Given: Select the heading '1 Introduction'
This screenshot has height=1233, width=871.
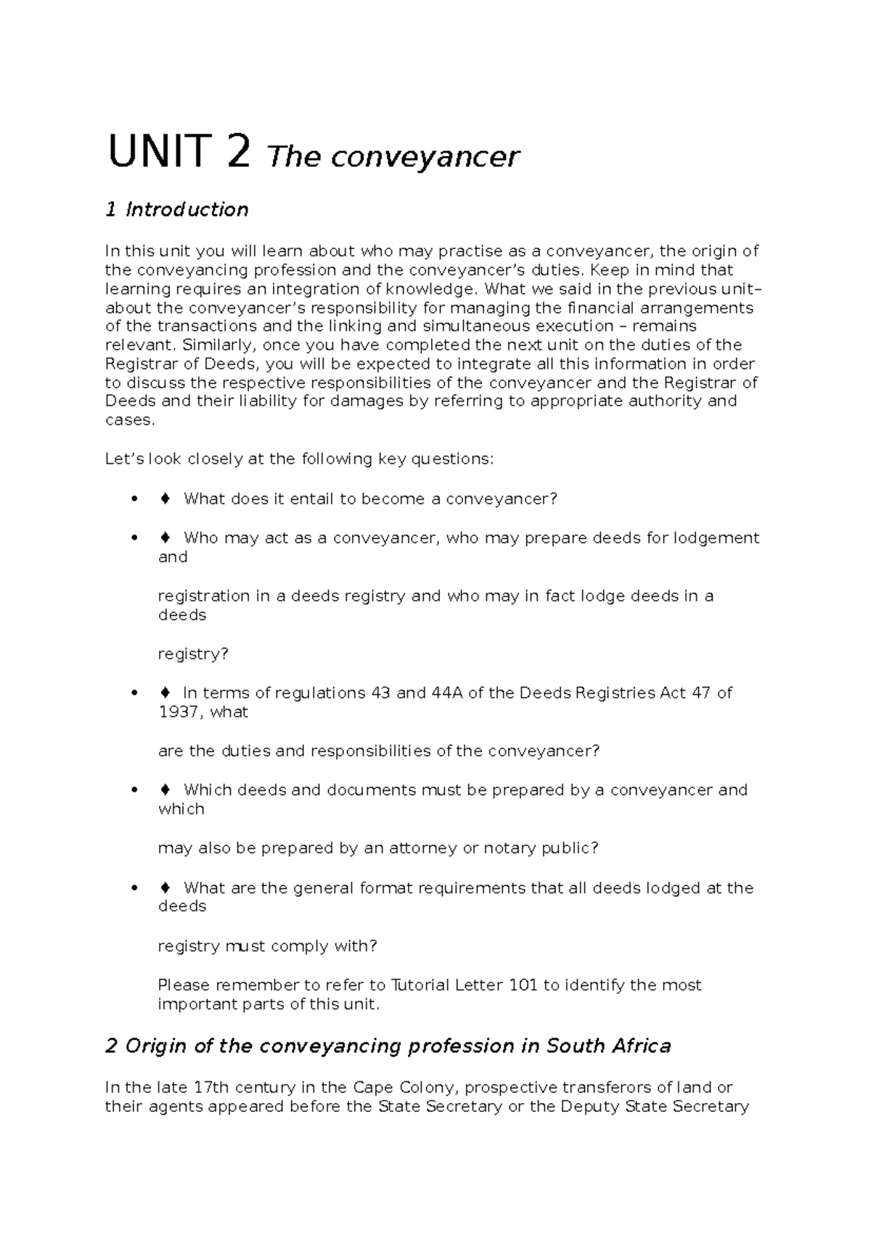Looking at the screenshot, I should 177,210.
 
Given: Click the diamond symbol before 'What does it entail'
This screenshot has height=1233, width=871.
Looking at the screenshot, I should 165,499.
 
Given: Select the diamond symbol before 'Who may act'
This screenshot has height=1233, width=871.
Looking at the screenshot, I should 165,538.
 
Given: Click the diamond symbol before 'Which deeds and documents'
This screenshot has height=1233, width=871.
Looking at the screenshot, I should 165,790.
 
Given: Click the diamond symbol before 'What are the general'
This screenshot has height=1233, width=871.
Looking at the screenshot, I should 165,888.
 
